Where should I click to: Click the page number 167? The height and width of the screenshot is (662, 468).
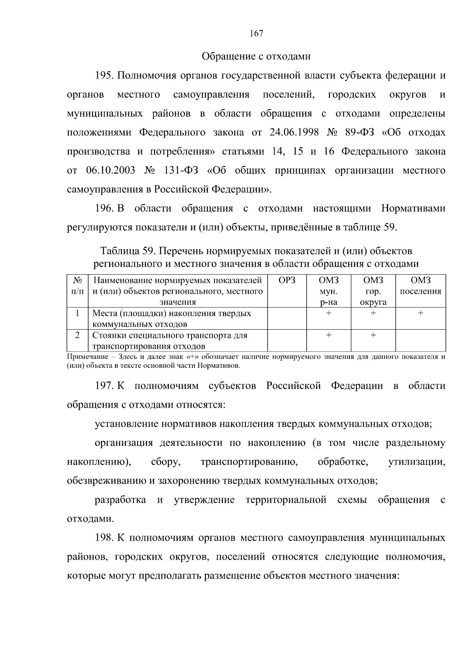tap(256, 34)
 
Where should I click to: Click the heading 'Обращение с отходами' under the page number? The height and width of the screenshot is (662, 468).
tap(256, 57)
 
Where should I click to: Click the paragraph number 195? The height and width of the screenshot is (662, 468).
tap(104, 75)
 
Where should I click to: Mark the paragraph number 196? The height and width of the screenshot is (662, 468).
tap(104, 209)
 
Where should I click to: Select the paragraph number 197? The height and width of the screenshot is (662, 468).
tap(104, 386)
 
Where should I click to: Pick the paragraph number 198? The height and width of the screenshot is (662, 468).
tap(104, 538)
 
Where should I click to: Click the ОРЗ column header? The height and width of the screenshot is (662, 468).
tap(287, 280)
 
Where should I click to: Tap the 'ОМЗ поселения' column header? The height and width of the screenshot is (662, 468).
tap(420, 286)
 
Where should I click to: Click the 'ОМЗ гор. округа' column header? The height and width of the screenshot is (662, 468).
tap(373, 291)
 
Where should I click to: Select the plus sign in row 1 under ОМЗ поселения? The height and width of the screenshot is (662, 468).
tap(420, 313)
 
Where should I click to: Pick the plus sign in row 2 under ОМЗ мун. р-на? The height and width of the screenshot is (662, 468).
tap(329, 335)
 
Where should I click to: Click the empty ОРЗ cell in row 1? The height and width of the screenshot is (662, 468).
tap(287, 318)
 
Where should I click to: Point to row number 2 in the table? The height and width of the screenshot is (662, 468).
tap(78, 335)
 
